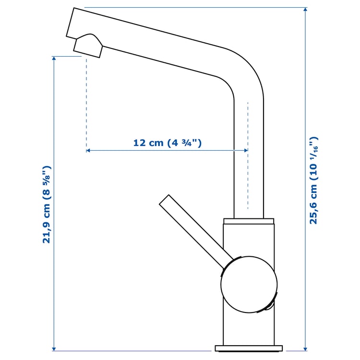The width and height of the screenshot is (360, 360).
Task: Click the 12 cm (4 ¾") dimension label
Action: (167, 143)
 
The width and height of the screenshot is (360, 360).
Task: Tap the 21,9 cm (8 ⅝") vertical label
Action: (47, 205)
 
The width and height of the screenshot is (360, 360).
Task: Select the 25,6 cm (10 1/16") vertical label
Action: (313, 180)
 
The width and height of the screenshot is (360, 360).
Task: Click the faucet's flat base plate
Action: (249, 348)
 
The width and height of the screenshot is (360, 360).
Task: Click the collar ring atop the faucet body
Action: (249, 221)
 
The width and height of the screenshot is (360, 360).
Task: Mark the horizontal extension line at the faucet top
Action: (192, 8)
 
